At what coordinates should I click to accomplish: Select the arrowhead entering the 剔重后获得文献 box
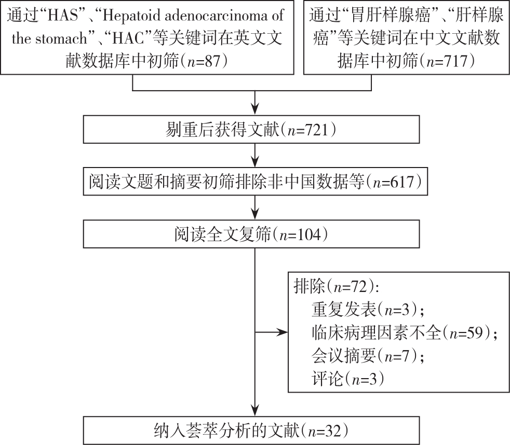(x=255, y=110)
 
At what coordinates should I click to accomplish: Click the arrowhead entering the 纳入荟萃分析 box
(x=255, y=410)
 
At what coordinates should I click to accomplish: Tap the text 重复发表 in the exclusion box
(x=344, y=309)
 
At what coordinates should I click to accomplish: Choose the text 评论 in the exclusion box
(x=328, y=379)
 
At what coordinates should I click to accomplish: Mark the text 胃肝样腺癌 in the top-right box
(x=391, y=16)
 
